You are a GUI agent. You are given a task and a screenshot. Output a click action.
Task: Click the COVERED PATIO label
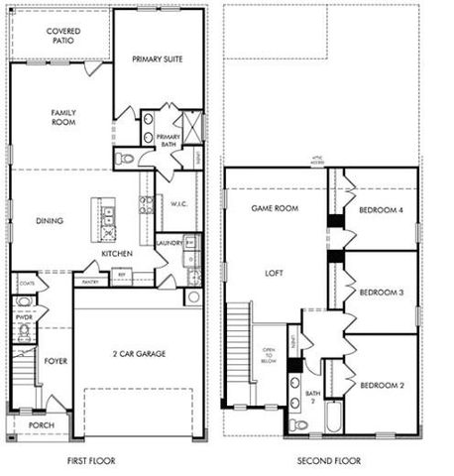(x=63, y=38)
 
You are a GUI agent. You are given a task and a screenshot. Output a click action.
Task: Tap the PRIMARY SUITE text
(x=159, y=59)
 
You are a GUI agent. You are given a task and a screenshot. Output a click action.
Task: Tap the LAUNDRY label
(x=168, y=240)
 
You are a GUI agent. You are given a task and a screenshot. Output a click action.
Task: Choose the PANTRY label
(x=91, y=282)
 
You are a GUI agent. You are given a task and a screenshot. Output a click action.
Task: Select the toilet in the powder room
(x=24, y=301)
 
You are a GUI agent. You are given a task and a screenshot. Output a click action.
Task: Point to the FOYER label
(x=55, y=361)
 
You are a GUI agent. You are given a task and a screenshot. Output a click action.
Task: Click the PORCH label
(x=41, y=425)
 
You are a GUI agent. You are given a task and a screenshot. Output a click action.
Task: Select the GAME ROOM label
(x=275, y=209)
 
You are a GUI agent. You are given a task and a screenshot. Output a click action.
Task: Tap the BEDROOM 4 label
(x=381, y=209)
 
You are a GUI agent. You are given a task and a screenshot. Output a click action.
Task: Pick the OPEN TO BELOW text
(x=268, y=356)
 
